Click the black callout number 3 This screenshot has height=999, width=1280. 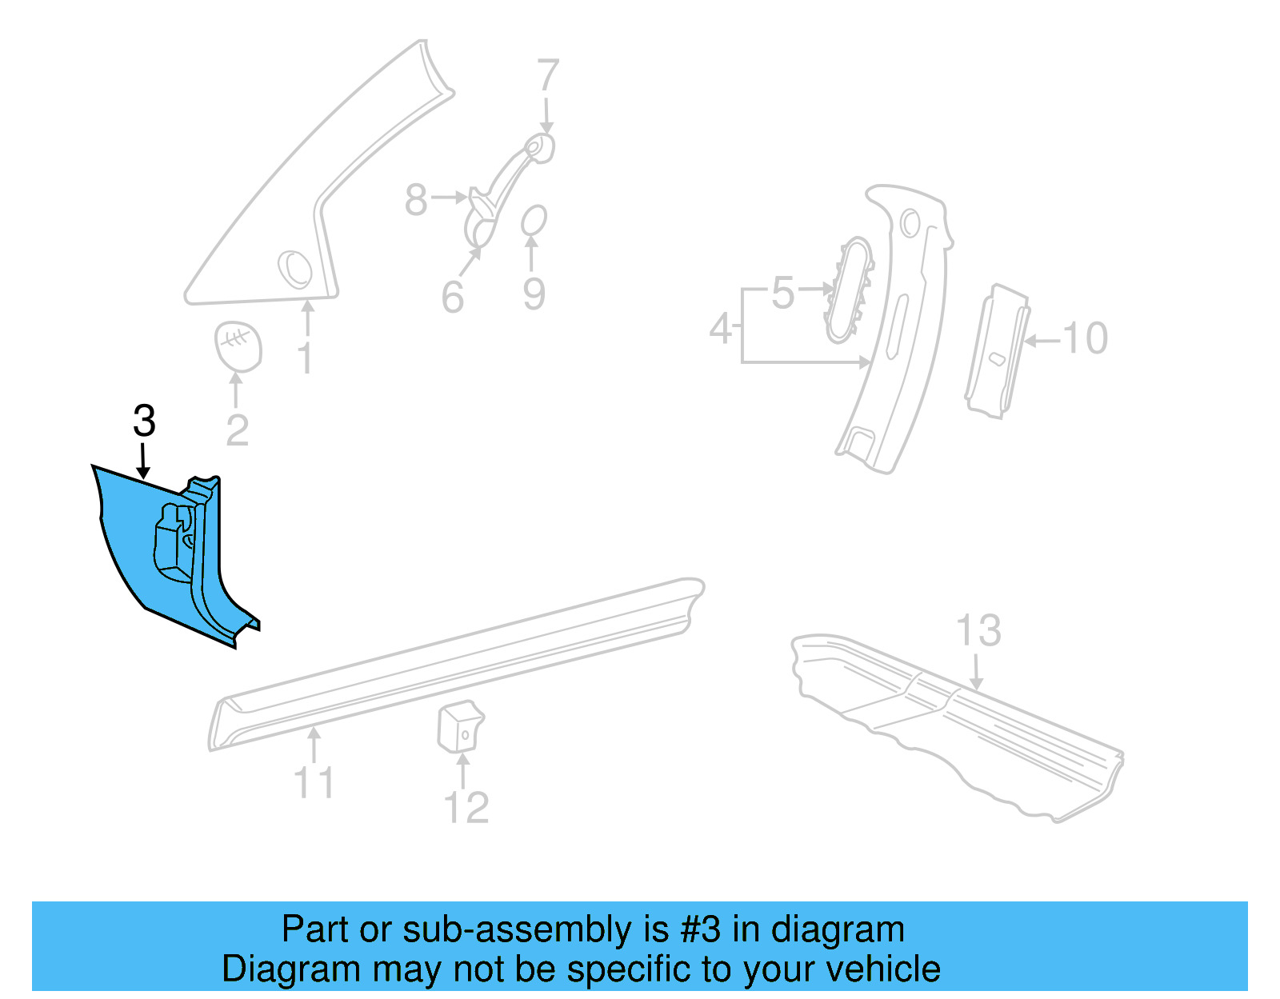[144, 421]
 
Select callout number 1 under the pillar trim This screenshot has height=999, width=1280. [306, 358]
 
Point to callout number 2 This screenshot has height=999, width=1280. [237, 431]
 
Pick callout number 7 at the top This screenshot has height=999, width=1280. [547, 76]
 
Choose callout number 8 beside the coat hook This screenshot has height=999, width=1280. [416, 199]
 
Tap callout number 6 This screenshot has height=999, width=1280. [453, 298]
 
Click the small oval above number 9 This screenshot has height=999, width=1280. [534, 220]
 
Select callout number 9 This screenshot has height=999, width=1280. [534, 294]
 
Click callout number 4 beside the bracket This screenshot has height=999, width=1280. [721, 329]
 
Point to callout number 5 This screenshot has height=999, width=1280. [782, 293]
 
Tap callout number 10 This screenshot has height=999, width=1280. [1085, 338]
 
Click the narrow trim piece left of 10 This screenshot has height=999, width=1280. [996, 352]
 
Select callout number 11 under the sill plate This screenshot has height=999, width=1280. [314, 781]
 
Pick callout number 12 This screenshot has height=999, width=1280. [466, 807]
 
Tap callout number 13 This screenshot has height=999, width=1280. [978, 631]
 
